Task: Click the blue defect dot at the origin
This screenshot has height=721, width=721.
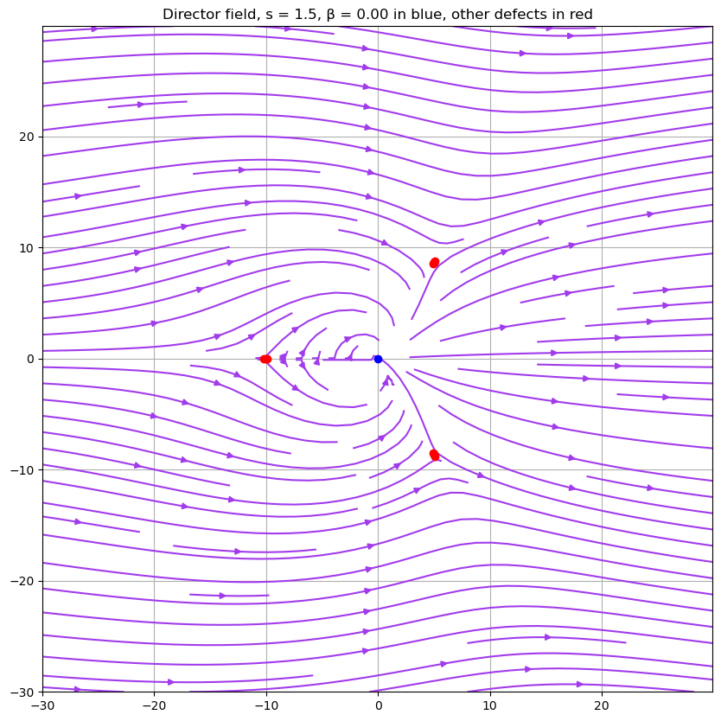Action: pos(378,359)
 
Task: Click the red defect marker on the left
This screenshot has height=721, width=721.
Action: pos(265,359)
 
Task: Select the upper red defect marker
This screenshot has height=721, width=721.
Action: pos(434,263)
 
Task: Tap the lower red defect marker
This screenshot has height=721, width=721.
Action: pos(434,455)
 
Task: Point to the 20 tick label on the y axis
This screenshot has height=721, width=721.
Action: pos(26,137)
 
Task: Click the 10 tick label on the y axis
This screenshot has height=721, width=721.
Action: pos(26,248)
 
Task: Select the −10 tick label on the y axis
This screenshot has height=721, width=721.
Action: pos(22,470)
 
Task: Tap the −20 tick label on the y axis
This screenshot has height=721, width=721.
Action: pos(22,582)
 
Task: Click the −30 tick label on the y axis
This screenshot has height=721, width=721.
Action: pos(22,692)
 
